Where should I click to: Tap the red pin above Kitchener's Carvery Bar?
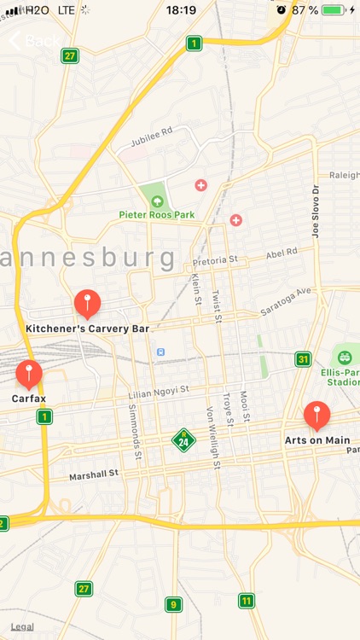point(87,303)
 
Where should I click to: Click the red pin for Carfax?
point(29,374)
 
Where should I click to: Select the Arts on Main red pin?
point(317,416)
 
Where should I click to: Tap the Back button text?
point(43,40)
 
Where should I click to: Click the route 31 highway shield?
point(303,359)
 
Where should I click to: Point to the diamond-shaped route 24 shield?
point(183,440)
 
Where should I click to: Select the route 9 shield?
point(173,605)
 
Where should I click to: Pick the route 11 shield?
point(247,601)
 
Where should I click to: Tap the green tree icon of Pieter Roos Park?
point(156,201)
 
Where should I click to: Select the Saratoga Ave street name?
point(287,302)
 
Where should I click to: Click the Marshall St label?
point(93,474)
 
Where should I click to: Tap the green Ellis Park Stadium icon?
point(345,357)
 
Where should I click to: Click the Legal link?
point(23,626)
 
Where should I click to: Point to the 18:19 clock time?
point(181,10)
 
